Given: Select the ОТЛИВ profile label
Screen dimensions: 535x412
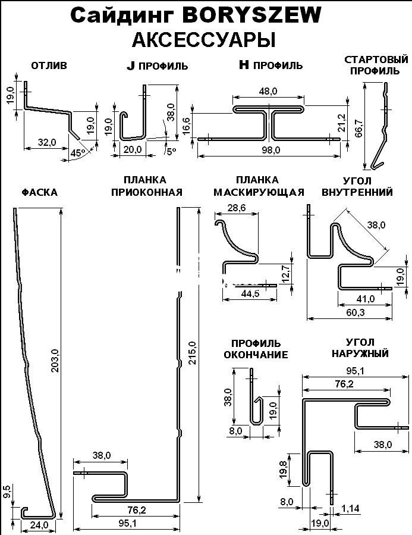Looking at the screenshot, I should pyautogui.click(x=49, y=65).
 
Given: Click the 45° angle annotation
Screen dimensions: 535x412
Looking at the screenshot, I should pyautogui.click(x=77, y=153).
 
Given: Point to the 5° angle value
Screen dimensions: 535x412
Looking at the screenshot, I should pyautogui.click(x=171, y=152).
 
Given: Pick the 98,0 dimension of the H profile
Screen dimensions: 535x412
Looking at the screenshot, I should pyautogui.click(x=271, y=150).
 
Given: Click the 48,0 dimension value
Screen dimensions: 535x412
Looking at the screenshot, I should pyautogui.click(x=269, y=91).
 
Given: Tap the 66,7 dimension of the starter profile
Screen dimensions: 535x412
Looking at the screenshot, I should pyautogui.click(x=358, y=127).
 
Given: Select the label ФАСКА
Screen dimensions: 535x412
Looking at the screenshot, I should pyautogui.click(x=40, y=192).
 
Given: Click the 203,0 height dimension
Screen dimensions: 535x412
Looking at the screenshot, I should pyautogui.click(x=55, y=359).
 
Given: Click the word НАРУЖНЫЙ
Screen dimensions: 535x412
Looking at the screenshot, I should pyautogui.click(x=358, y=353).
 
